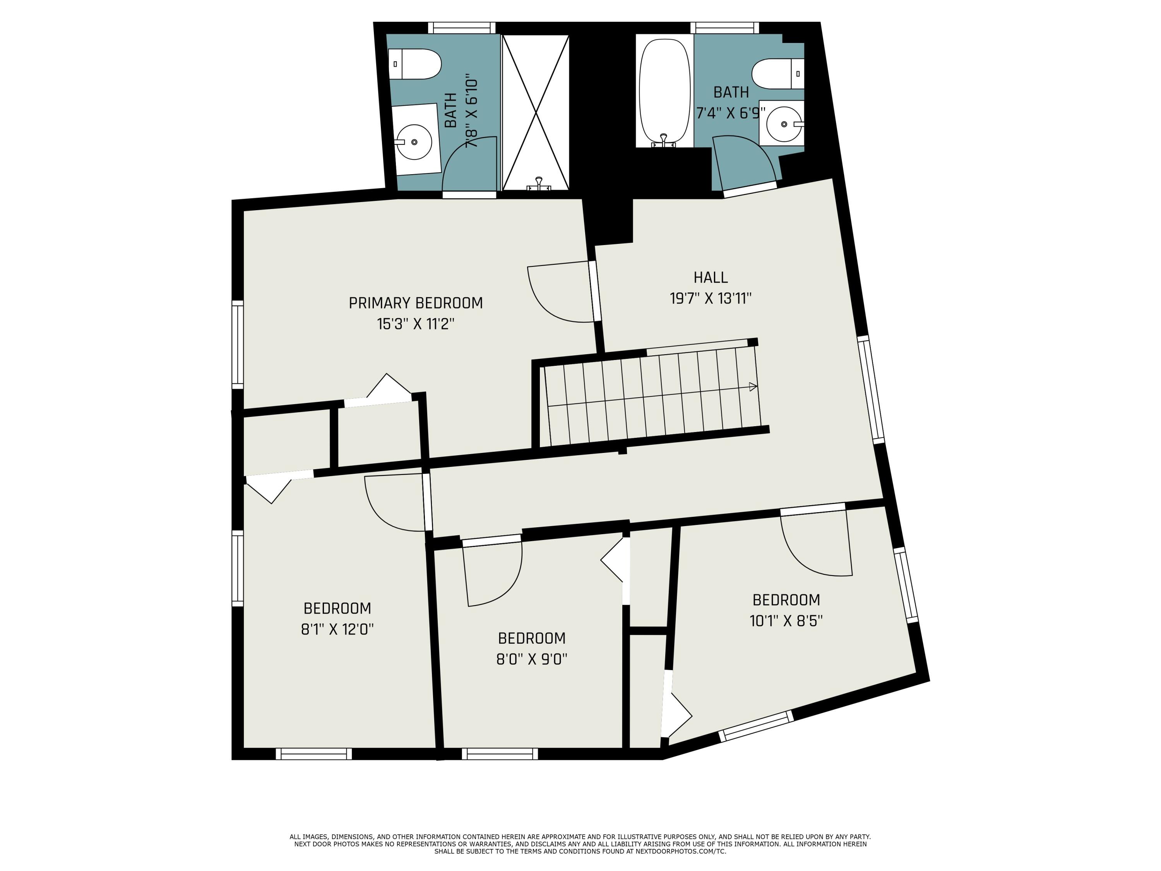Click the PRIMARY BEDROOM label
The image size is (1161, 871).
tap(416, 303)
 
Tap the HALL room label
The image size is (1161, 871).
tap(711, 277)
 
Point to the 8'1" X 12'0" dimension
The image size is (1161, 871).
tap(337, 629)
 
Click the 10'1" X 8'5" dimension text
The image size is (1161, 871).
tap(786, 621)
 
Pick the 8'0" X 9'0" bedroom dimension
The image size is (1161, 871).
tap(532, 659)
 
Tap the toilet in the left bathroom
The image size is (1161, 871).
tap(414, 64)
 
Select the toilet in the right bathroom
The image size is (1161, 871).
tap(778, 74)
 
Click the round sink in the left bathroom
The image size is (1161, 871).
tap(414, 142)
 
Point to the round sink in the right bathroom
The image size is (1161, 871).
tap(784, 124)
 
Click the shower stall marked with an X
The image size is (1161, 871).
tap(535, 112)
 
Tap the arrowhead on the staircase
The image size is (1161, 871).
tap(753, 387)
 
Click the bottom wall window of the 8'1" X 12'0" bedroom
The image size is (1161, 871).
tap(314, 754)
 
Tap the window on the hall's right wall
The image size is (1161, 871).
tap(871, 390)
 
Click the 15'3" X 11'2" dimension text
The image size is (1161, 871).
tap(416, 324)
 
